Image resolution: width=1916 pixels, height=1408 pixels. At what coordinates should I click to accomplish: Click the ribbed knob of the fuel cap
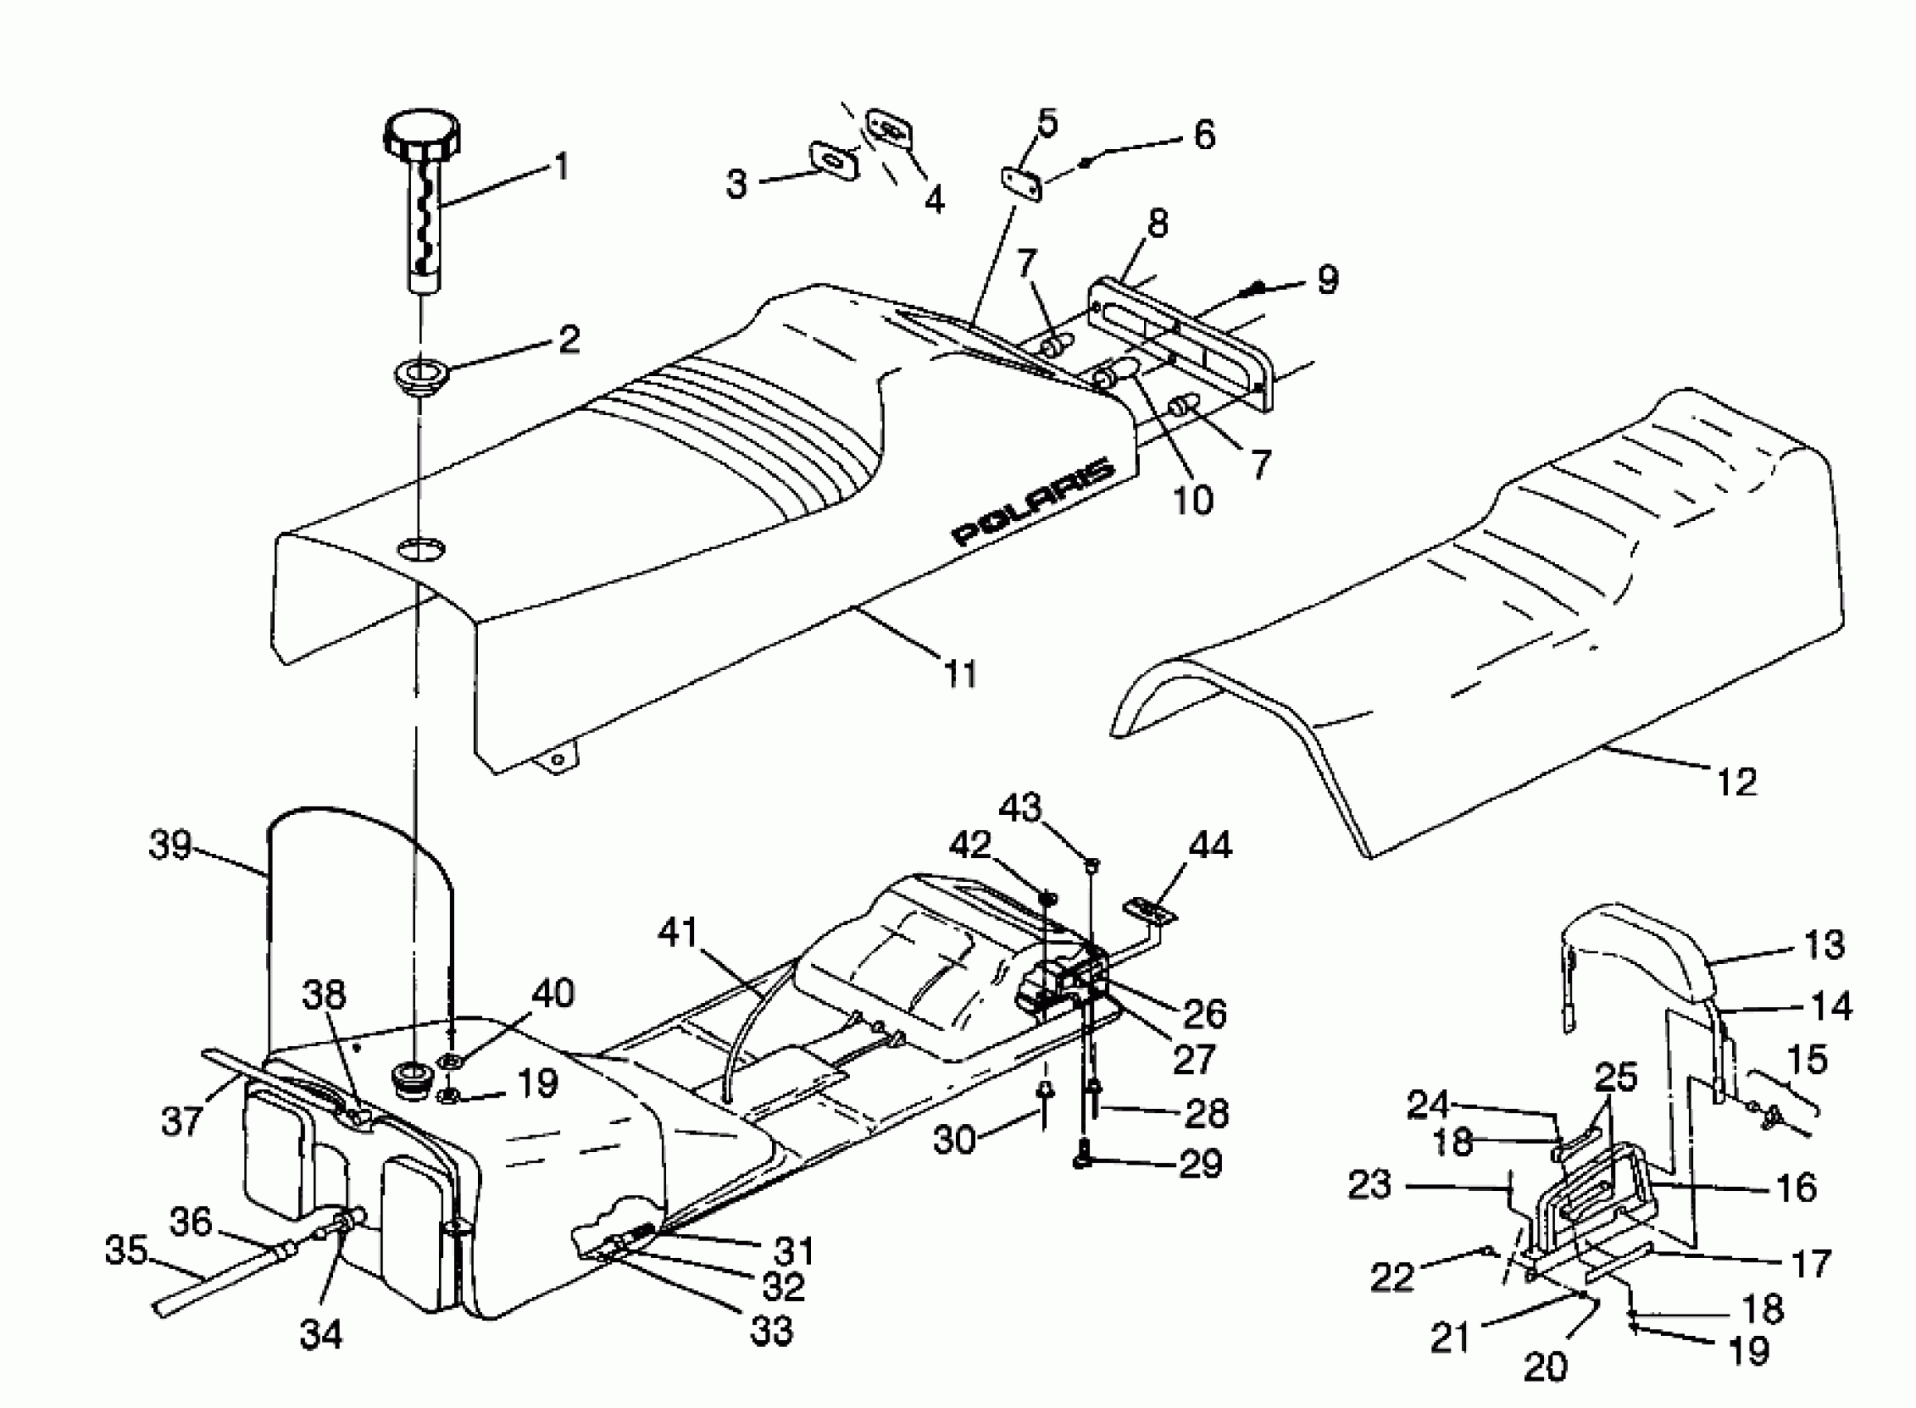(420, 135)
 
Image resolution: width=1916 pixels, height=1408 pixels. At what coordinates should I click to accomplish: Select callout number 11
(961, 673)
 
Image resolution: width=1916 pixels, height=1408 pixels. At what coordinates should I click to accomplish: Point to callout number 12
(1736, 781)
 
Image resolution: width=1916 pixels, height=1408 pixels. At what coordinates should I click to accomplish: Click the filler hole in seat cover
(420, 549)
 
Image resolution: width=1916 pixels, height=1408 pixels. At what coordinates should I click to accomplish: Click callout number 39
(170, 846)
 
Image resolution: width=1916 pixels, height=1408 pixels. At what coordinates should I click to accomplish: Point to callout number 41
(678, 933)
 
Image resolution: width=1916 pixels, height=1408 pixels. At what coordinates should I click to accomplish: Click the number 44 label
(1209, 846)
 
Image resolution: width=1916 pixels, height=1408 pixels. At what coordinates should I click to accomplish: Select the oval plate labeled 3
(833, 160)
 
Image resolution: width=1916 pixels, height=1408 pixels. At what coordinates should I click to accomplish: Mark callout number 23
(1369, 1184)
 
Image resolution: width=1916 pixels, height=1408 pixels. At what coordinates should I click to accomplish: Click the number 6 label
(1204, 135)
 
